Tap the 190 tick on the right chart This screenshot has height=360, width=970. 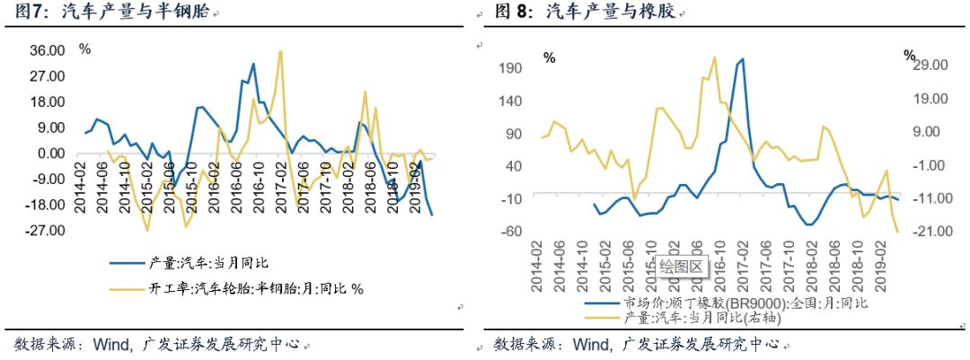[x=509, y=68]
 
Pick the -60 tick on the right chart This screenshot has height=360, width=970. [x=511, y=232]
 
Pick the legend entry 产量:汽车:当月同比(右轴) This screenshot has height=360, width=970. [x=721, y=318]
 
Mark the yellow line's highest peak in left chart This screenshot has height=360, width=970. [x=281, y=52]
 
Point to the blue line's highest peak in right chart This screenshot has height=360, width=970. [x=743, y=60]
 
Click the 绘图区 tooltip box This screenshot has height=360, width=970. [x=680, y=265]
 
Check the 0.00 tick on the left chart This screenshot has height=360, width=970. [x=48, y=154]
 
